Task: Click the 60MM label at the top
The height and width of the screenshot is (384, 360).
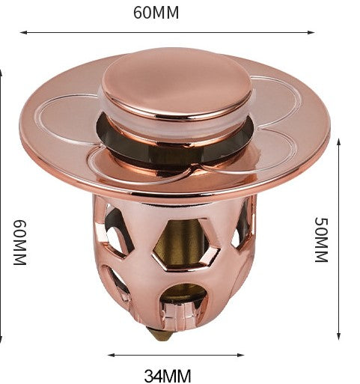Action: coord(156,13)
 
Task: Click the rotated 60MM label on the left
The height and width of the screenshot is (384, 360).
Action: coord(19,243)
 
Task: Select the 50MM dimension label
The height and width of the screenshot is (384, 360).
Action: coord(321,240)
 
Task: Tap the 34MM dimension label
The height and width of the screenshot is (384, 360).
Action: coord(168,376)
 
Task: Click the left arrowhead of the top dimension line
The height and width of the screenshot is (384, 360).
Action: coord(23,32)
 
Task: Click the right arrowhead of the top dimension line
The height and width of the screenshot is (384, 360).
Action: coord(311,32)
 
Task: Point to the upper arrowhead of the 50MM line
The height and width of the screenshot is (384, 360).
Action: coord(338,142)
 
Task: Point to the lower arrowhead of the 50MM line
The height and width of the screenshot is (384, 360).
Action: coord(338,336)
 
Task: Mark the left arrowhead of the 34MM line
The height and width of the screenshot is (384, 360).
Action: coord(111,355)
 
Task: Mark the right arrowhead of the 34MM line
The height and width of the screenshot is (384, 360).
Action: coord(240,355)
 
